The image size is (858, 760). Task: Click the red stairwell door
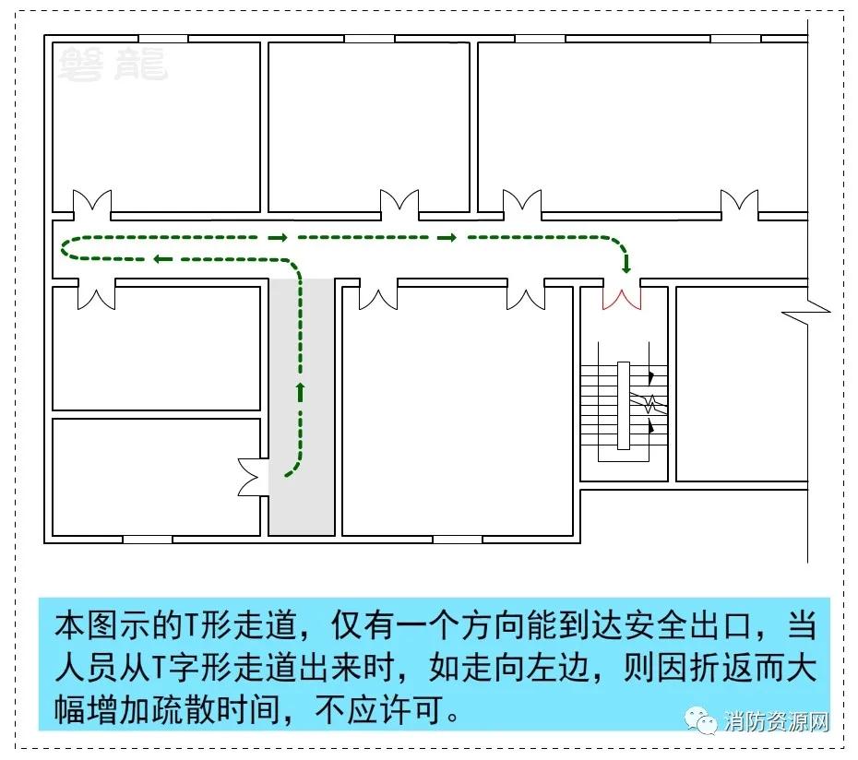622,299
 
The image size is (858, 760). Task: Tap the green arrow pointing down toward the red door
626,265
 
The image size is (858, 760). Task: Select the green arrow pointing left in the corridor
163,259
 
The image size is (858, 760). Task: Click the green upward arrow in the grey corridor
300,392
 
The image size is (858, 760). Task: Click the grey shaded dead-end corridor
302,407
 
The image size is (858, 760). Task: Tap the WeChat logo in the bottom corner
701,719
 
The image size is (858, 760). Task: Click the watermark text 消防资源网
777,721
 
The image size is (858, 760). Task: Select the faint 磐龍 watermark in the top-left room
113,65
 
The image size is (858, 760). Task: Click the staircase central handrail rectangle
624,406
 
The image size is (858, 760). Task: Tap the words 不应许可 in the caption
378,710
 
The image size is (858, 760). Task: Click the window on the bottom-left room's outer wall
148,540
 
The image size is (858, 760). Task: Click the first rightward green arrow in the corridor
278,237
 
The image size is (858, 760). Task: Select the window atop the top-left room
162,39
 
